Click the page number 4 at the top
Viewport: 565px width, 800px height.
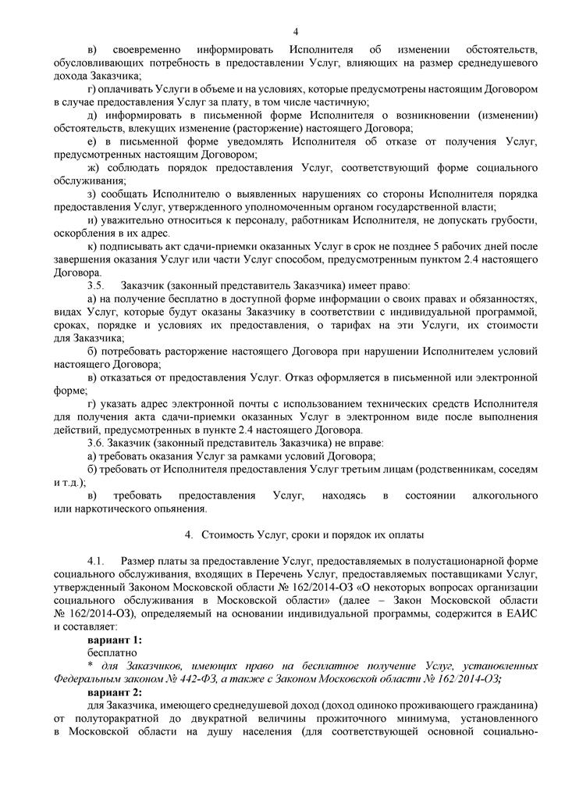point(296,31)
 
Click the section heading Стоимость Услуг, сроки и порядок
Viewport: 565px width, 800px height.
point(313,535)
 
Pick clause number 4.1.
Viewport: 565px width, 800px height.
point(98,561)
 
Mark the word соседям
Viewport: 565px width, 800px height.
point(516,469)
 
